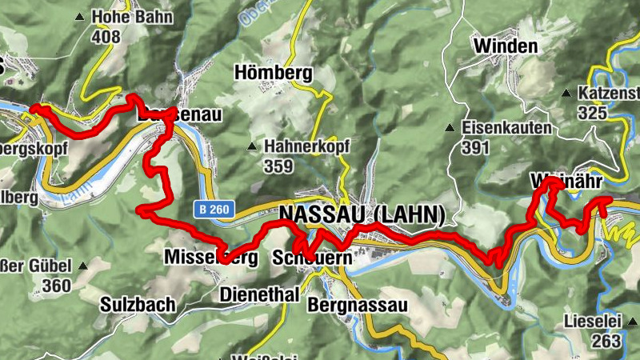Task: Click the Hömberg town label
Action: click(x=273, y=73)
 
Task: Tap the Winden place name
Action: click(x=505, y=46)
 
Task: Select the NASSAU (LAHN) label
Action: click(x=362, y=214)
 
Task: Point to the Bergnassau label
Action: click(x=358, y=305)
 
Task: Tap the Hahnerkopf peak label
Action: click(x=307, y=146)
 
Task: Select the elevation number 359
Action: click(x=279, y=166)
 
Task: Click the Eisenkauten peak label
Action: click(x=506, y=127)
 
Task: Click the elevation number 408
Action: click(x=106, y=36)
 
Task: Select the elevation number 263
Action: click(x=607, y=341)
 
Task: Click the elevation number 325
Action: click(x=593, y=113)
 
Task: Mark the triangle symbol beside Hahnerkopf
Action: click(x=252, y=146)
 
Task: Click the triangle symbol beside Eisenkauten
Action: click(x=450, y=127)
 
